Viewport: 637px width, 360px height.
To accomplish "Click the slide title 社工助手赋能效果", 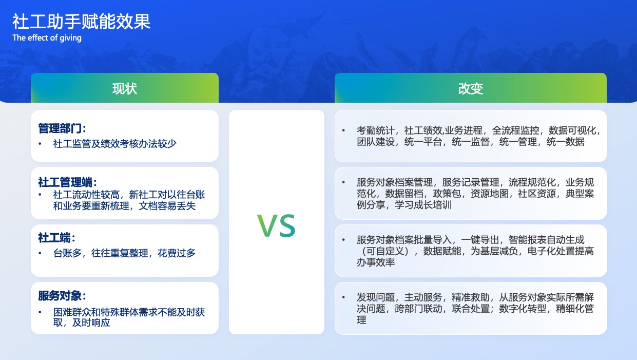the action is [81, 22].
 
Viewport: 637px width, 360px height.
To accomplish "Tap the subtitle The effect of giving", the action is [47, 37].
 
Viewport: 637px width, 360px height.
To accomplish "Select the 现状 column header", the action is [125, 88].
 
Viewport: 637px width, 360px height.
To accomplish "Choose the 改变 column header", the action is [471, 88].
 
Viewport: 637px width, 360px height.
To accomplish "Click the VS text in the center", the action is [277, 225].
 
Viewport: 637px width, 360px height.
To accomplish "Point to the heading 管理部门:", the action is [62, 128].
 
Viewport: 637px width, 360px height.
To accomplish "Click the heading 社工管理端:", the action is [67, 182].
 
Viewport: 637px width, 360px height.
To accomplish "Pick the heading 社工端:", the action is [56, 238].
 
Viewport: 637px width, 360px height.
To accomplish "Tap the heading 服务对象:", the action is [62, 296].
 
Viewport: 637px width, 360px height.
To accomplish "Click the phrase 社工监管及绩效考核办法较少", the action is [115, 144].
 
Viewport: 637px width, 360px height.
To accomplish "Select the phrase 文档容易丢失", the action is [167, 206].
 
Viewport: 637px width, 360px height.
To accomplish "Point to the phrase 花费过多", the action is [177, 253].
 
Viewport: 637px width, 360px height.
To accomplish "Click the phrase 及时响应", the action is [91, 323].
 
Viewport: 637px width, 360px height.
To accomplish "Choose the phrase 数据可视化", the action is [572, 130].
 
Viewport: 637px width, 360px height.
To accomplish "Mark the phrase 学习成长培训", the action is [423, 204].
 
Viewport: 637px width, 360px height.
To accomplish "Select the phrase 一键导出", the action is [480, 240].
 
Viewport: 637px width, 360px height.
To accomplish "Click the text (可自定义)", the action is [385, 251].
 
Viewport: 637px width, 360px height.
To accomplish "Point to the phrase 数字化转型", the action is [523, 309].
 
